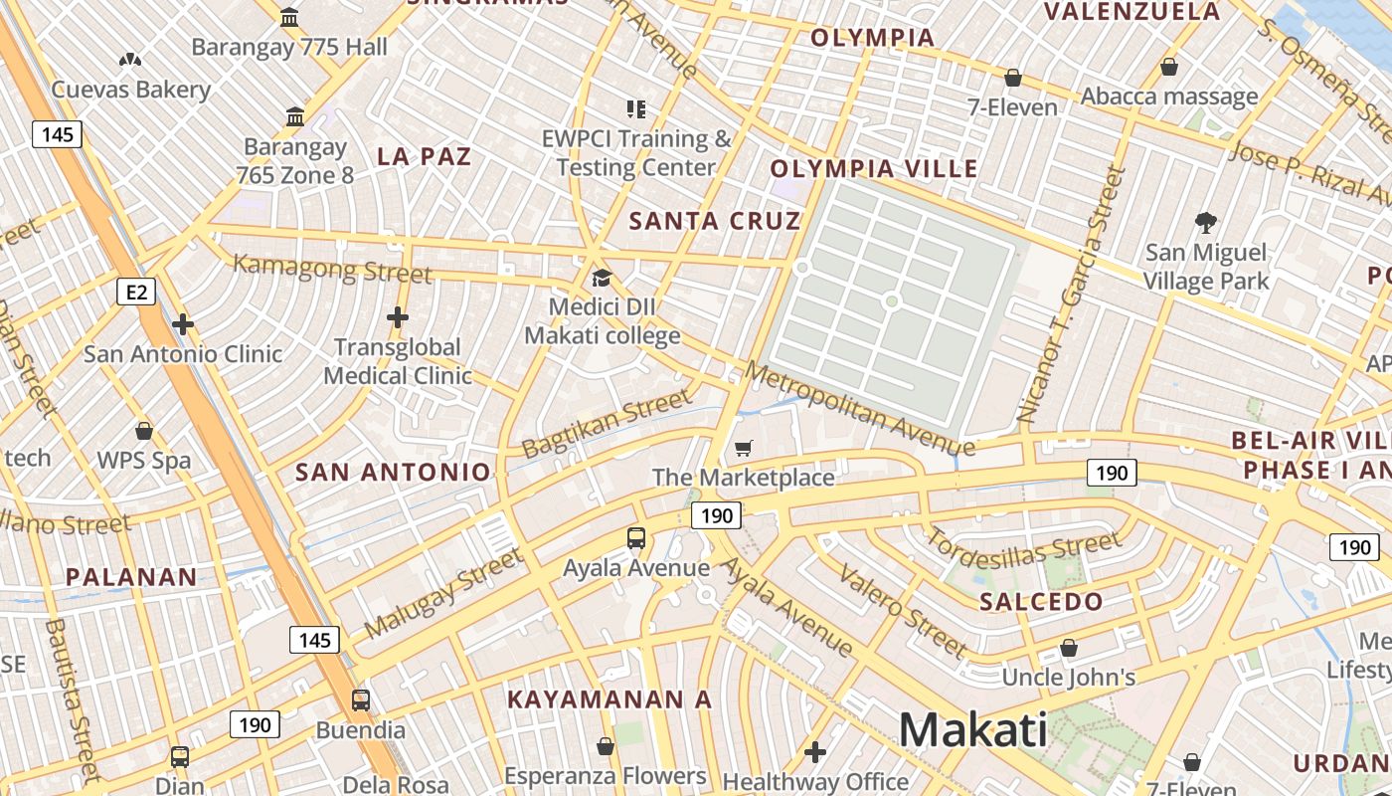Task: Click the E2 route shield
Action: [137, 292]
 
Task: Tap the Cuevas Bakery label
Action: [131, 90]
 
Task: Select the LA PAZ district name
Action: [425, 156]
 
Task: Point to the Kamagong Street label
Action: [332, 269]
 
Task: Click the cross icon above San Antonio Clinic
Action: [182, 324]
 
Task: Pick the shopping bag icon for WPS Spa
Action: [144, 431]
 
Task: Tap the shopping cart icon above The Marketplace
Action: [744, 448]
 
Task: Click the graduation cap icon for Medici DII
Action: [602, 278]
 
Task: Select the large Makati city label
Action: [972, 729]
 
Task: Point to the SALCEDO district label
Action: [1041, 601]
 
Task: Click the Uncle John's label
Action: [1069, 678]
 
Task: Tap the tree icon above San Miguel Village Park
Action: [1206, 222]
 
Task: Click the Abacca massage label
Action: [1169, 97]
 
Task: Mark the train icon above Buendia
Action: [361, 699]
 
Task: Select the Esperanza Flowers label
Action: [605, 775]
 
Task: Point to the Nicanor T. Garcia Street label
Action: [1071, 294]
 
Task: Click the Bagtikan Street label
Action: [606, 423]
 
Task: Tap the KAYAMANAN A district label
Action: [609, 699]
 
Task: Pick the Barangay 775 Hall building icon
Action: [289, 17]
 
